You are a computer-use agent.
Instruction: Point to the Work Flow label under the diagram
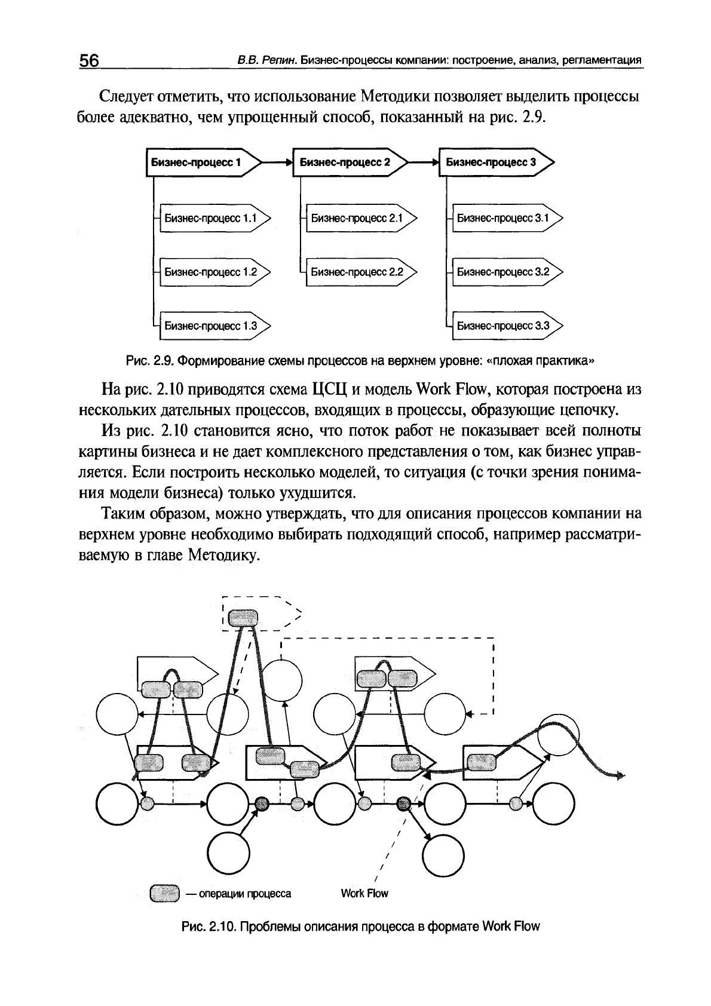(364, 894)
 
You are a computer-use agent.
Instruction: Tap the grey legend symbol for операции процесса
(165, 893)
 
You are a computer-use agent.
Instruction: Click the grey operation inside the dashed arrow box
(243, 618)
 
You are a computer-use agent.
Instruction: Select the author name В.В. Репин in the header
(265, 61)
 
